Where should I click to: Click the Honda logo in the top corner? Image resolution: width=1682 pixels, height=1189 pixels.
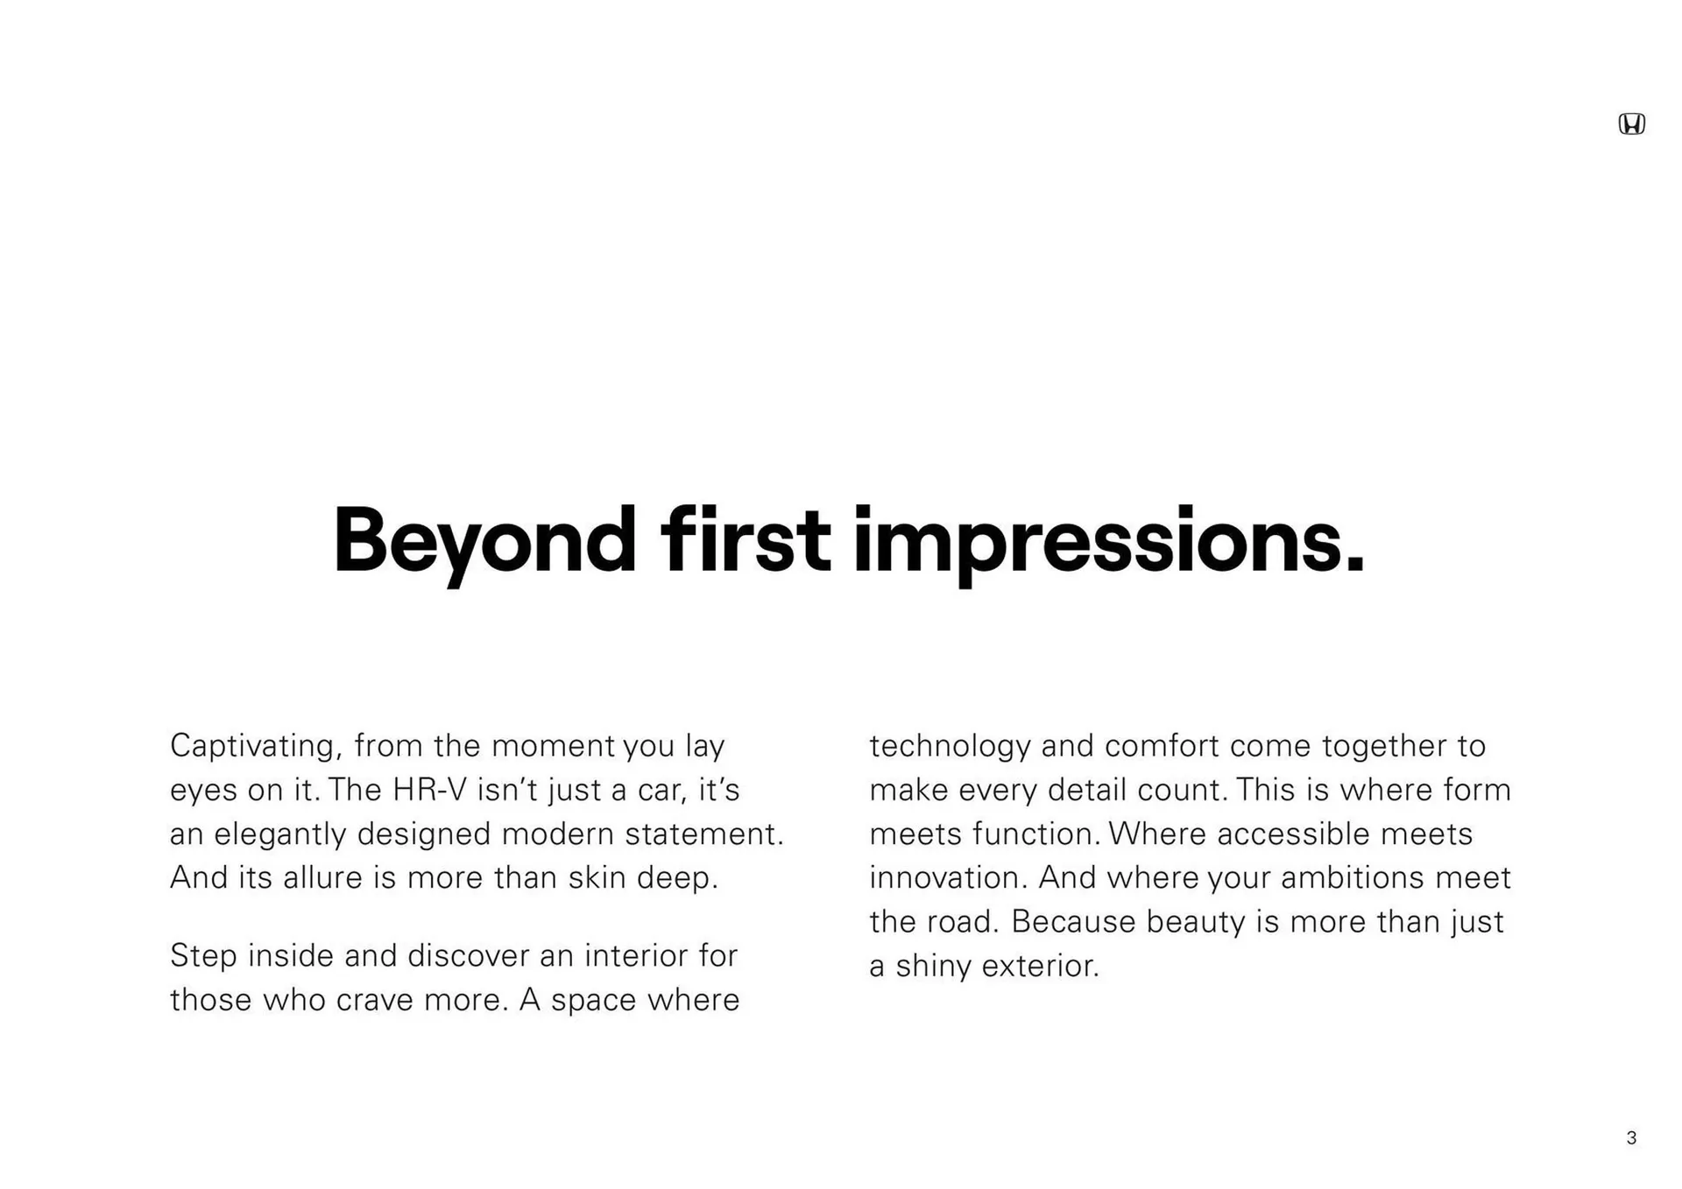pos(1631,124)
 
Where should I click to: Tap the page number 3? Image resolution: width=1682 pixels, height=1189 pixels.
pos(1631,1137)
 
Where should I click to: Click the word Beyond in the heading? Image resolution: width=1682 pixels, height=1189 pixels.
pos(484,543)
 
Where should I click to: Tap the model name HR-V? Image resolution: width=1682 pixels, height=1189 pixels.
pos(430,790)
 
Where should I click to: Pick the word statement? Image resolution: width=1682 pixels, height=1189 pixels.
pos(704,834)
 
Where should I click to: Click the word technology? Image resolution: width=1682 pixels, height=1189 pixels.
pos(951,747)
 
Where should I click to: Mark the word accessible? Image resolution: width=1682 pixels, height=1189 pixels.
pos(1293,834)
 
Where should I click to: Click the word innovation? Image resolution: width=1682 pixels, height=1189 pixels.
pos(944,877)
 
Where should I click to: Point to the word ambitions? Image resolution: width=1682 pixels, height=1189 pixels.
pos(1353,877)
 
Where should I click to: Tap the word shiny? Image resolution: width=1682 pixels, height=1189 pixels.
pos(933,967)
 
